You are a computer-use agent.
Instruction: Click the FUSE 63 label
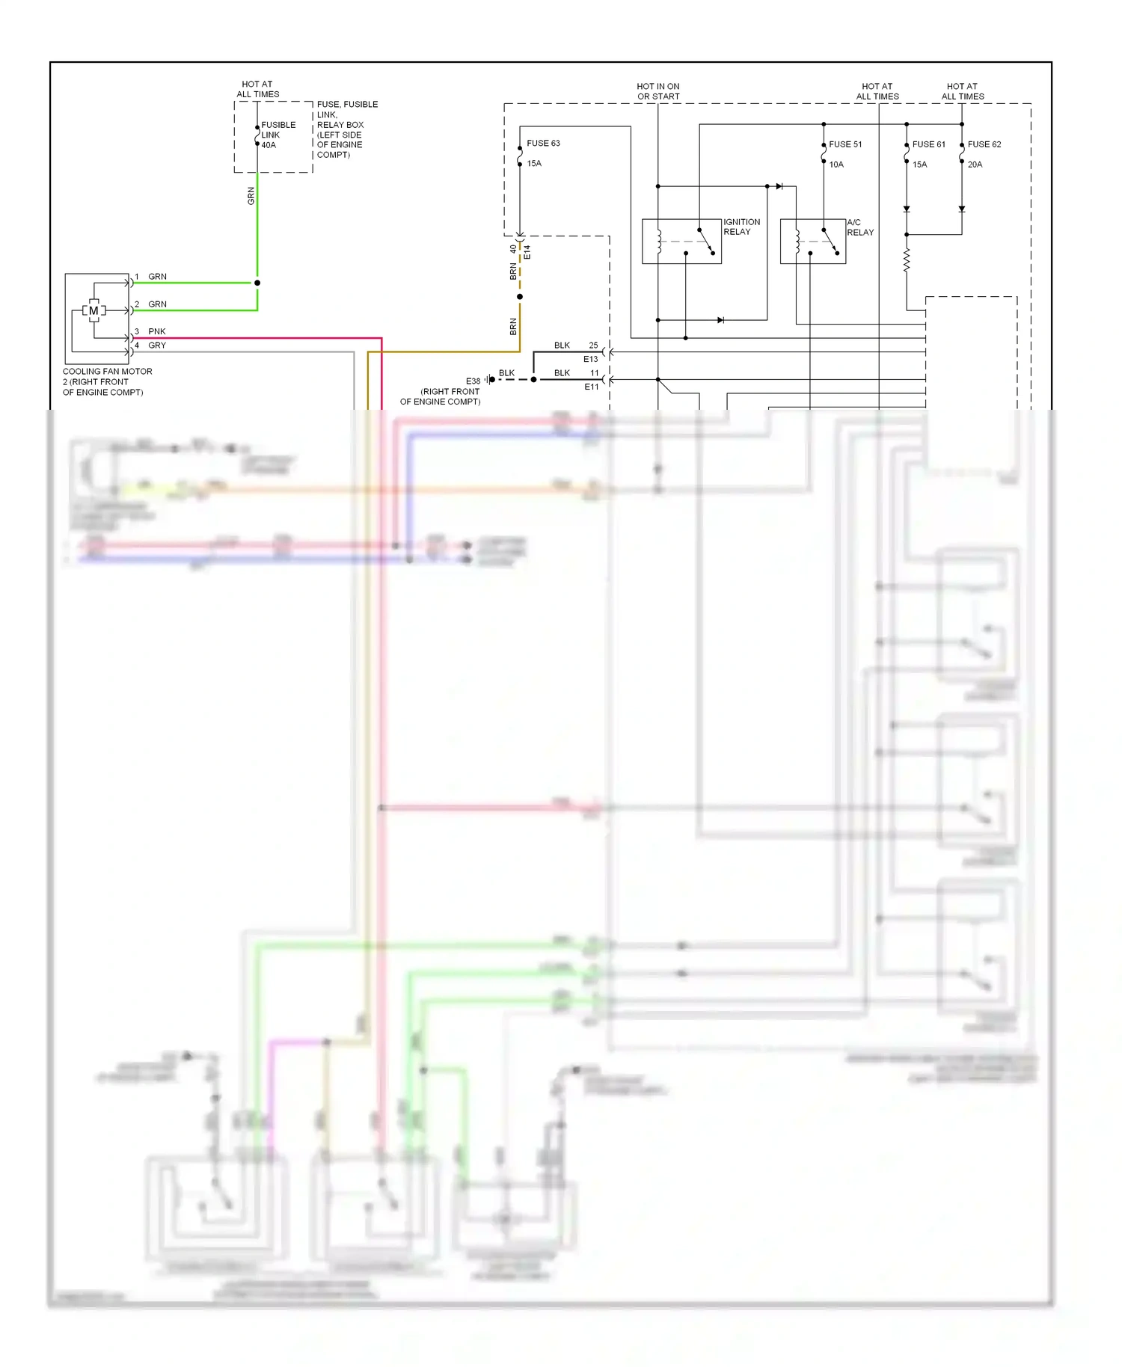[x=543, y=143]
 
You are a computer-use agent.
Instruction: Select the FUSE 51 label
[x=845, y=144]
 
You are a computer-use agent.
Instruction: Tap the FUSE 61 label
[x=928, y=144]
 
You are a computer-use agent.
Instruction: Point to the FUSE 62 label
[x=984, y=144]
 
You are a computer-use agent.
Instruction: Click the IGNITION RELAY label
[x=741, y=227]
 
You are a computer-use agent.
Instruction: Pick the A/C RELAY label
[x=859, y=227]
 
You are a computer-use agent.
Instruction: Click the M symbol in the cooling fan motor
[x=93, y=310]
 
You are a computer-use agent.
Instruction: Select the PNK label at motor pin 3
[x=157, y=331]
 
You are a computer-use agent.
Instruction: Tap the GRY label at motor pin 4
[x=157, y=345]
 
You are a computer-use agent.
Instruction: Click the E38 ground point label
[x=473, y=381]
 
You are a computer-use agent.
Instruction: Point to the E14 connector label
[x=527, y=251]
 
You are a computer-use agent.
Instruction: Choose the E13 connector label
[x=591, y=359]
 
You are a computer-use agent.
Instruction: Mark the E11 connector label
[x=592, y=387]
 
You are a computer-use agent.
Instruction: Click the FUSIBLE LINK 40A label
[x=278, y=135]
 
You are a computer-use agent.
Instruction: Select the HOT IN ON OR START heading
[x=658, y=91]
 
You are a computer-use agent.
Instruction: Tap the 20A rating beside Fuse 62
[x=975, y=165]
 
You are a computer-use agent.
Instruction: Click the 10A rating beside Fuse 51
[x=836, y=165]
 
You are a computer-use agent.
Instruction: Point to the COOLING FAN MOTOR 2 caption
[x=107, y=381]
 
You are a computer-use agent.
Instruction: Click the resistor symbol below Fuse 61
[x=907, y=260]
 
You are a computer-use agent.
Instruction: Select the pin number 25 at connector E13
[x=593, y=345]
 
